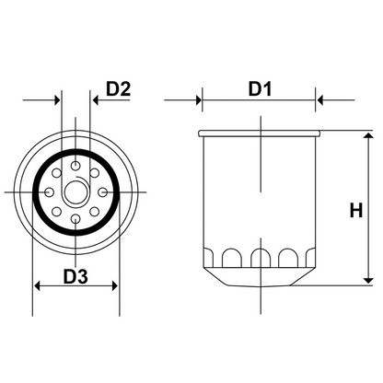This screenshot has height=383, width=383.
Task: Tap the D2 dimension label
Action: coord(119,88)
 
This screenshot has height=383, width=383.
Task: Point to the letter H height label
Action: coord(355,210)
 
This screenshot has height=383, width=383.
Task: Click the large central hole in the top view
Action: coord(75,191)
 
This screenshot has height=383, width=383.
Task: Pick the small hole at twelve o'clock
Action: coord(75,163)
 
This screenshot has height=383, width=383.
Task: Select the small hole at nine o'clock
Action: coord(47,191)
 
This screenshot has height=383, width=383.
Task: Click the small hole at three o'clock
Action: coord(104,191)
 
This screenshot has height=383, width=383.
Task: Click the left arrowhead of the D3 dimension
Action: coord(39,286)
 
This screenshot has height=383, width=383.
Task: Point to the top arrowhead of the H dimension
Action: coord(369,136)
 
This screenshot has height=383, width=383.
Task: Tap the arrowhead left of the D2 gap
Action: coord(55,99)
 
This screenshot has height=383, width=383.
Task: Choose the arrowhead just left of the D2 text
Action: coord(97,99)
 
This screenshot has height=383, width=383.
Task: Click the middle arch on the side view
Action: coord(261,254)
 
